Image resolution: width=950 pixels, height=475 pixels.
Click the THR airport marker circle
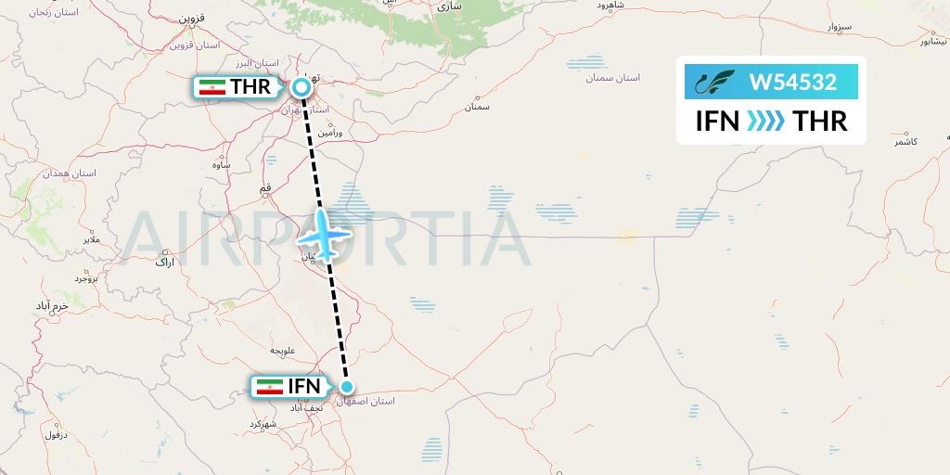(x=302, y=87)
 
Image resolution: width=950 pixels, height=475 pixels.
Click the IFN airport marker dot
(x=347, y=387)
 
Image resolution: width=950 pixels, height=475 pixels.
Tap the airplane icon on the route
(x=324, y=235)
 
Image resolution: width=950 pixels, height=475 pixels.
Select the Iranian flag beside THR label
(x=213, y=88)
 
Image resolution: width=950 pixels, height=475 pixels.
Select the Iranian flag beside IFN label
(x=270, y=387)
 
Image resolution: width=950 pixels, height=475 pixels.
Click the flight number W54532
(x=793, y=83)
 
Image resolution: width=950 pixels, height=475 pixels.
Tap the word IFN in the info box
(x=717, y=122)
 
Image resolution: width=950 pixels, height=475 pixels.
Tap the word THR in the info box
(x=817, y=122)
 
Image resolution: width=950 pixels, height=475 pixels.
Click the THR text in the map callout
(x=250, y=88)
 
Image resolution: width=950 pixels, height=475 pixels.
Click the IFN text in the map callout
(x=303, y=387)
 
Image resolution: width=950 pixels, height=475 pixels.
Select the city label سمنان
(x=477, y=108)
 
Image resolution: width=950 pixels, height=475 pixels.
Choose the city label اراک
(x=164, y=263)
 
